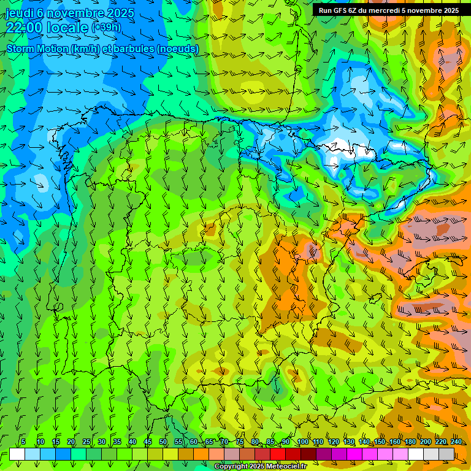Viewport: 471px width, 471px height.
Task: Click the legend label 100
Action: [303, 442]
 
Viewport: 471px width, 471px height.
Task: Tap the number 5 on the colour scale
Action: [23, 442]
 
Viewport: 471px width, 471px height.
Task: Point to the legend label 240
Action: [456, 442]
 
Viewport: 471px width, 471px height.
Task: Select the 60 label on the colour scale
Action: [194, 442]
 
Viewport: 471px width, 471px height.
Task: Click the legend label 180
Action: [410, 442]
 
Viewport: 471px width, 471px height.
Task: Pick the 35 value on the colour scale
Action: [117, 442]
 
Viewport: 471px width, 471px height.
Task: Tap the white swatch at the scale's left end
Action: [17, 454]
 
